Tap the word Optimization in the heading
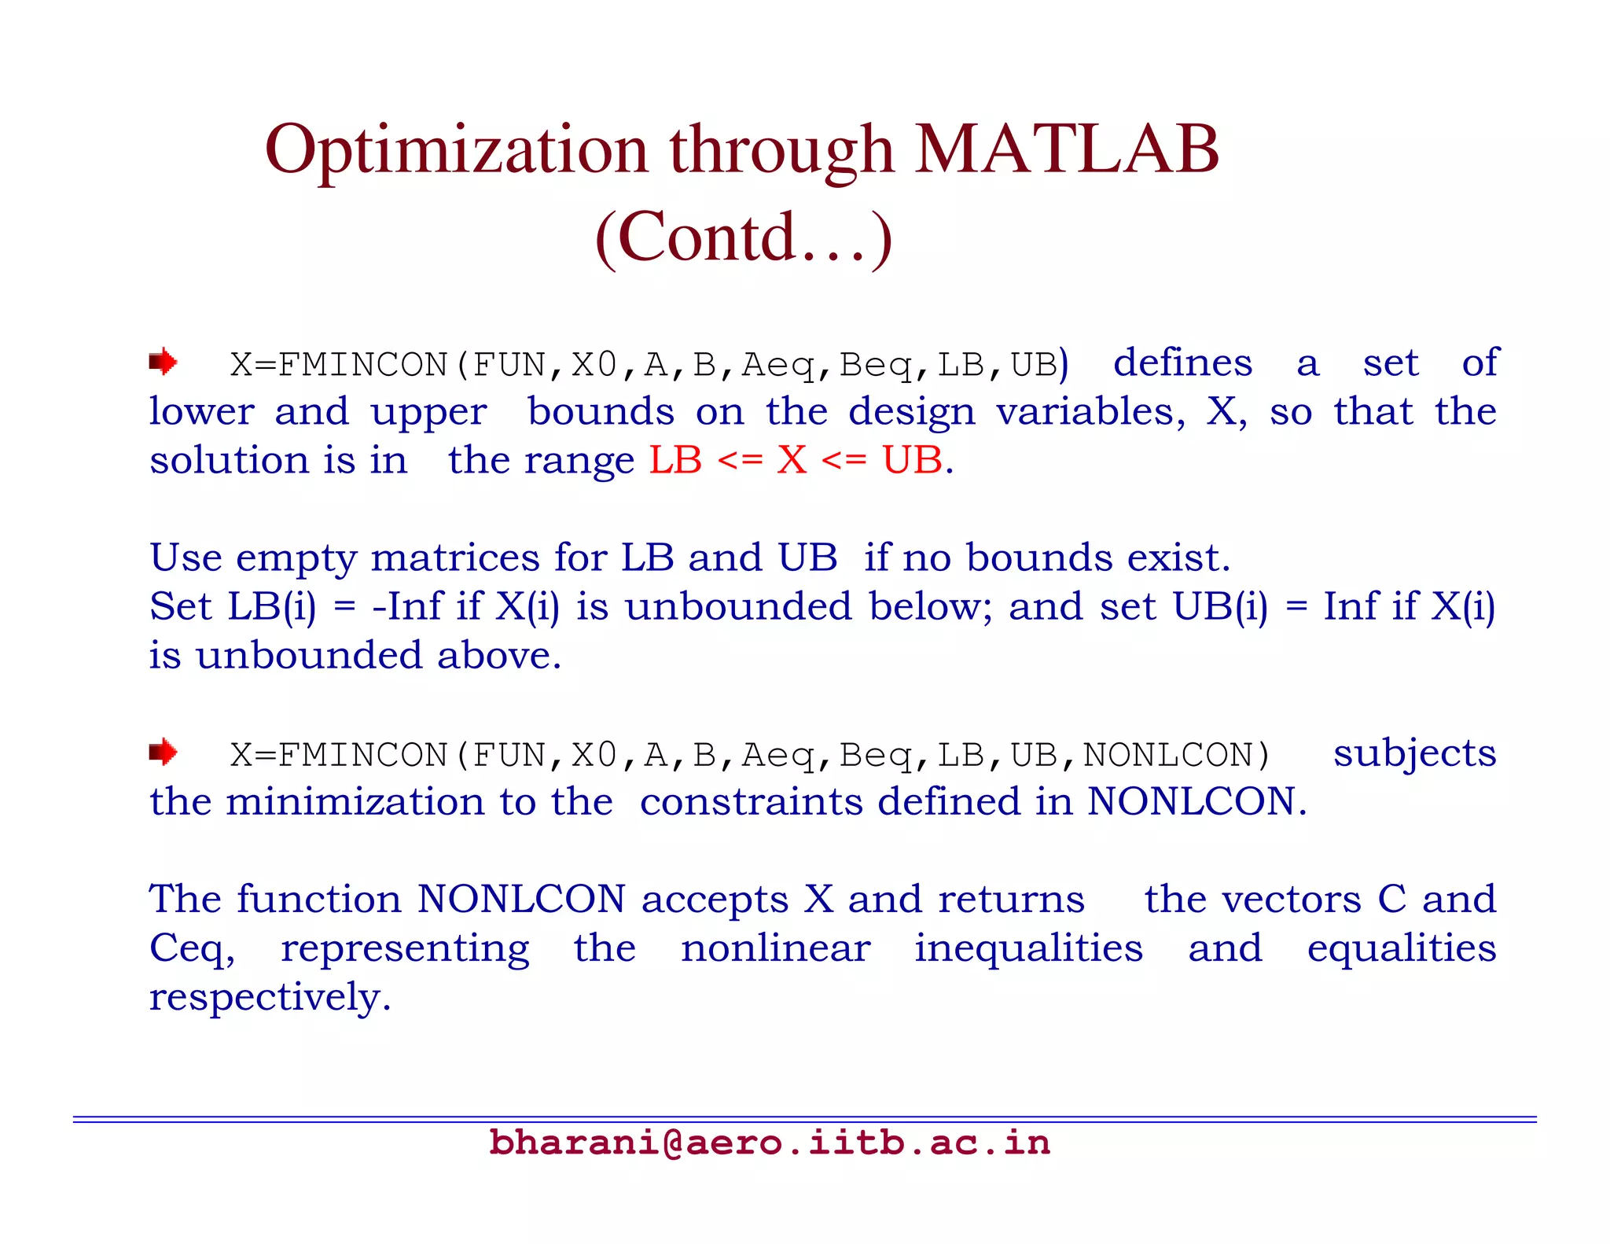[456, 151]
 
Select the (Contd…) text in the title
[744, 237]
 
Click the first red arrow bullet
[163, 363]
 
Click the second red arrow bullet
[163, 753]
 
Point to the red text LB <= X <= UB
[799, 460]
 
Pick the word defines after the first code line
[1182, 363]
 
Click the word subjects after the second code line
[1414, 753]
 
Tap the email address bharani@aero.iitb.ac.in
[769, 1143]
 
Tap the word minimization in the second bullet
[355, 802]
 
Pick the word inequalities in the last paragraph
[1028, 948]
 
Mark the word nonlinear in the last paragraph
[775, 948]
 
